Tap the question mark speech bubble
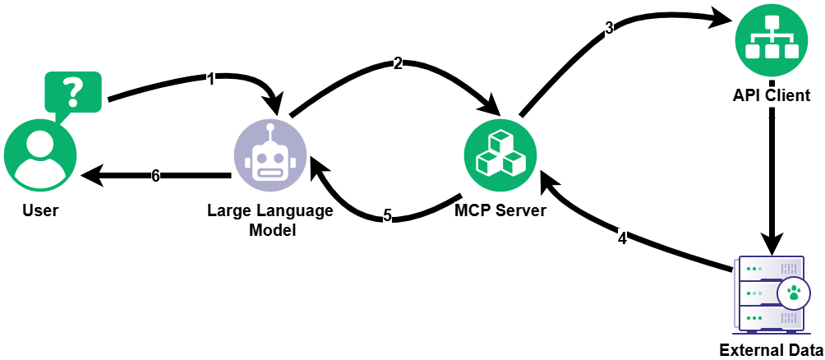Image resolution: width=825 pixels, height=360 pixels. [73, 91]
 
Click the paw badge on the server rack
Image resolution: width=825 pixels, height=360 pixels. [794, 293]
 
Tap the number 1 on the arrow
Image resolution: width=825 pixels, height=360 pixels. [210, 79]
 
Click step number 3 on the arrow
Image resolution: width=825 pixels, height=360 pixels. [609, 27]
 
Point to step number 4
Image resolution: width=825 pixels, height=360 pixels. [622, 239]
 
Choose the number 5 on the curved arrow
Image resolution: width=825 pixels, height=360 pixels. [388, 216]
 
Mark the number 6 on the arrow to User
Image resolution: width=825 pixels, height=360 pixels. [155, 175]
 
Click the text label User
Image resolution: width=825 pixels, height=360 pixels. [40, 210]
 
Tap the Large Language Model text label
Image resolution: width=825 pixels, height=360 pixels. [270, 220]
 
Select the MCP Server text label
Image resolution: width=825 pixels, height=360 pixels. [500, 210]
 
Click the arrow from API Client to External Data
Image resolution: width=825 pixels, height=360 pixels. [772, 181]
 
